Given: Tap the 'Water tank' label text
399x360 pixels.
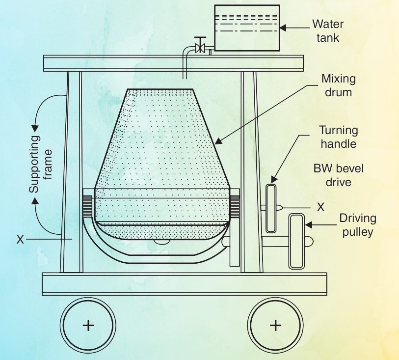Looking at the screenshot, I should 328,30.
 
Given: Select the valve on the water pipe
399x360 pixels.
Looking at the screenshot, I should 199,47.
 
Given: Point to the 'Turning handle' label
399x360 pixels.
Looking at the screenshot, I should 339,137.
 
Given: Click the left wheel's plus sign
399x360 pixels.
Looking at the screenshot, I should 88,325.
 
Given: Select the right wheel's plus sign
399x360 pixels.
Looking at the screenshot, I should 276,325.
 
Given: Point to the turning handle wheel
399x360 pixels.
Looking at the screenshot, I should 271,208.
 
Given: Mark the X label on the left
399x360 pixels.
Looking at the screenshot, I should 20,239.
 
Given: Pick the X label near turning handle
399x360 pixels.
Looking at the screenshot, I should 320,207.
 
